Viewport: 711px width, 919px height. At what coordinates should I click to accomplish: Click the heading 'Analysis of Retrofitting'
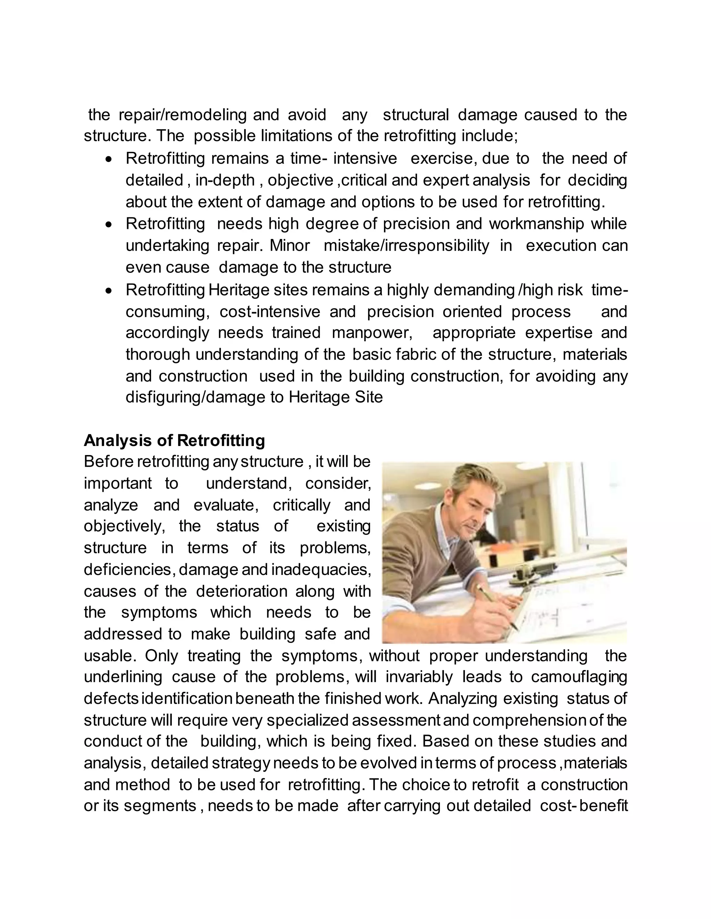[x=174, y=440]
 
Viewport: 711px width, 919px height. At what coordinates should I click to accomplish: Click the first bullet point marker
[x=109, y=160]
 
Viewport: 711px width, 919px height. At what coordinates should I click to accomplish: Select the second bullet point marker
[x=109, y=225]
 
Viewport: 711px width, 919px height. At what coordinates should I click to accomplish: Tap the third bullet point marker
[x=109, y=291]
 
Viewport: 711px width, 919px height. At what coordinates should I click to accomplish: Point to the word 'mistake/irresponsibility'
[x=407, y=245]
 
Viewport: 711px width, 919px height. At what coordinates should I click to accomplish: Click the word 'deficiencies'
[x=128, y=569]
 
